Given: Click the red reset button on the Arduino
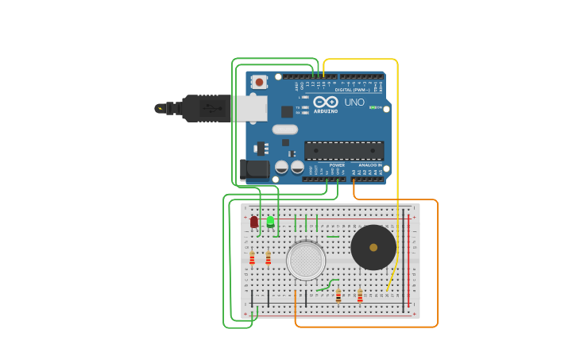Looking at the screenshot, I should [x=259, y=81].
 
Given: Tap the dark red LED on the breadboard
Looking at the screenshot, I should [x=254, y=223].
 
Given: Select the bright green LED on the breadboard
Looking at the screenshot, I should [x=270, y=222].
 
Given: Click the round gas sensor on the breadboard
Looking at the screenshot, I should [x=306, y=261].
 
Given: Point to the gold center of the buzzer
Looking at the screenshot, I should [x=373, y=247].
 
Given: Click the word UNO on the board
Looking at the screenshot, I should [x=354, y=102].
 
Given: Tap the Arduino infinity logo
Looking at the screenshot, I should [x=326, y=102].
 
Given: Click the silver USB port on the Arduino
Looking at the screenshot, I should [x=249, y=108].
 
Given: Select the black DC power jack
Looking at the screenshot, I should [x=254, y=168].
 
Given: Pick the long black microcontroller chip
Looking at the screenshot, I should [x=344, y=150].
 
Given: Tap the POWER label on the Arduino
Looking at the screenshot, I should [x=337, y=165].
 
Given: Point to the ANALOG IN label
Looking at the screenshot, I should [x=369, y=165].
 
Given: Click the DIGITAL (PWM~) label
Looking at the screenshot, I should [x=354, y=90].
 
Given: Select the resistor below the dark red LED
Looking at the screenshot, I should [x=252, y=258].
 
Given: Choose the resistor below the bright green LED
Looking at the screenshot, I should [x=268, y=258].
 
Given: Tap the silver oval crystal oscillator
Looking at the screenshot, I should [x=284, y=130].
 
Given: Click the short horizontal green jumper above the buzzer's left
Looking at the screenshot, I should [x=333, y=236].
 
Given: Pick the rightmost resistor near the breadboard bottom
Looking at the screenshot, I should [x=360, y=296].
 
